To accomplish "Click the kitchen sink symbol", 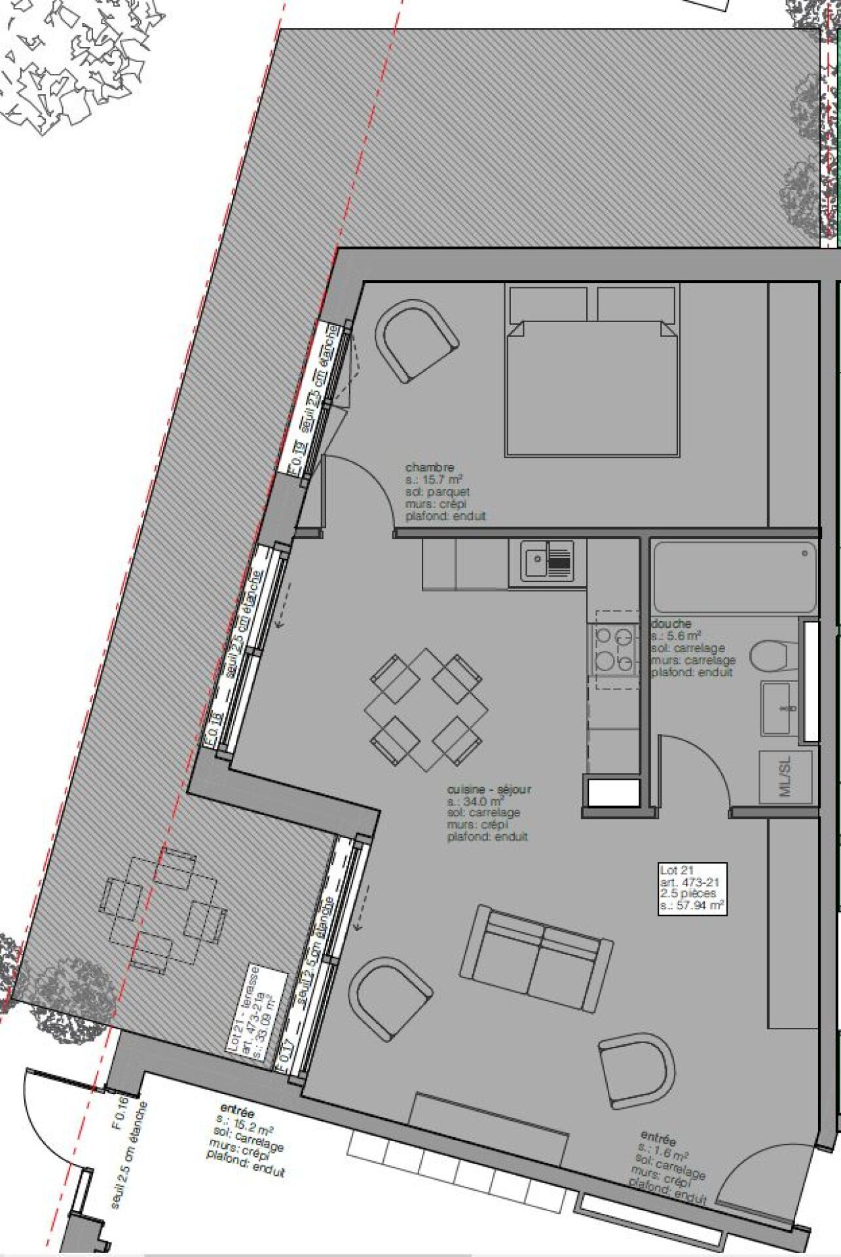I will click(x=548, y=561).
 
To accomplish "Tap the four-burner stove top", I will click(x=614, y=650).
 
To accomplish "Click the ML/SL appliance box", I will click(x=785, y=777).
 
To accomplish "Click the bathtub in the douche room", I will click(x=734, y=576).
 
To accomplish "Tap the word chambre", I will click(x=429, y=467).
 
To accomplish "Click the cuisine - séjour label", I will click(x=489, y=789).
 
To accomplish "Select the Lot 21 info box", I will click(x=692, y=888).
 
